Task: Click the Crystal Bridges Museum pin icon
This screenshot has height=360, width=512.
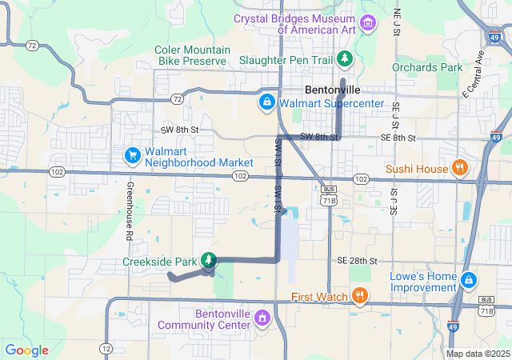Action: [368, 22]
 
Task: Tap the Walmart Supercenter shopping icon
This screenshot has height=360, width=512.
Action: [266, 102]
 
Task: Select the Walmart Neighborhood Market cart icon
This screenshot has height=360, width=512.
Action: [131, 154]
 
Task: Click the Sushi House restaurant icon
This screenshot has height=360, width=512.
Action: [459, 168]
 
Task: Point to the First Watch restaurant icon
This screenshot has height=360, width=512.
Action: [360, 296]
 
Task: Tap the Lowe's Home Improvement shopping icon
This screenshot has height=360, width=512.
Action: [469, 281]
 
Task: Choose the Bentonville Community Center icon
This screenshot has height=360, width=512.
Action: [261, 318]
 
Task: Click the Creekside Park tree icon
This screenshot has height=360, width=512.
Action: [209, 260]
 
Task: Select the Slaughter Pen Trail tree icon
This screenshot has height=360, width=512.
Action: [345, 59]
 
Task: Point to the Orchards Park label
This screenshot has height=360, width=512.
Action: [428, 67]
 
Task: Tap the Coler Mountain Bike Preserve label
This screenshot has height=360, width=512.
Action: [191, 54]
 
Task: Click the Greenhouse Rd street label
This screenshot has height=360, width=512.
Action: [128, 211]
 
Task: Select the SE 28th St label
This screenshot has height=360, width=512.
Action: [357, 261]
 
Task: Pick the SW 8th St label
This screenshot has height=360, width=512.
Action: [179, 129]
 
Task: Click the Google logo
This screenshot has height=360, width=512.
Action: [27, 350]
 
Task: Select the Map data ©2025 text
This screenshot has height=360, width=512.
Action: [477, 354]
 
